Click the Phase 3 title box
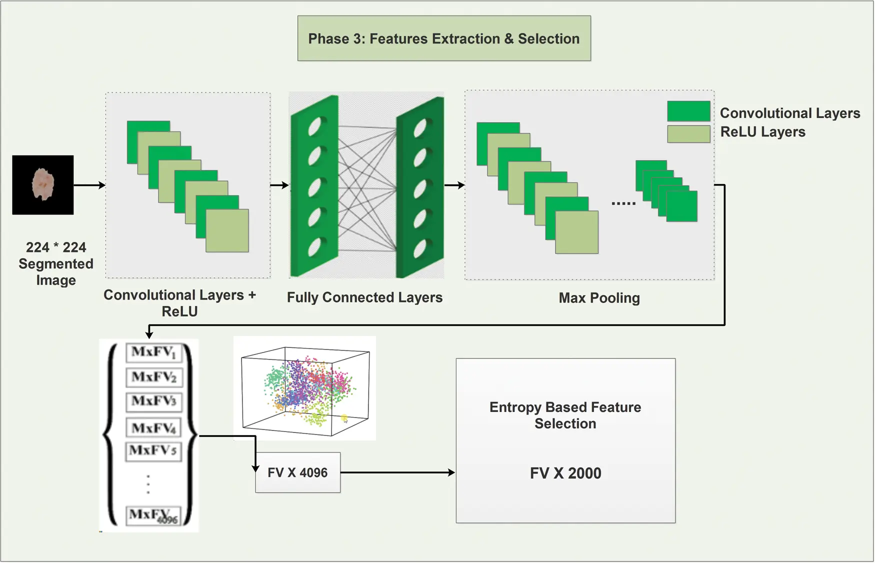[444, 38]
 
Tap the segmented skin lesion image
[43, 185]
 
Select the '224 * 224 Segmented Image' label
[56, 263]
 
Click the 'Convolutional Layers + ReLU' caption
[179, 303]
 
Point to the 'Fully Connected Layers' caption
[364, 297]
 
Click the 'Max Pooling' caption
[599, 298]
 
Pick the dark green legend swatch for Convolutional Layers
[688, 111]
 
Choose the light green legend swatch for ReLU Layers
[688, 134]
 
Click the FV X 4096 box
[298, 472]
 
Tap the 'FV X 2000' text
[565, 473]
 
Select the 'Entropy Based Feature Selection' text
[565, 415]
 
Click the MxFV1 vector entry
[154, 352]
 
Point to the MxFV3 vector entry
[154, 401]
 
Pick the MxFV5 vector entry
[153, 451]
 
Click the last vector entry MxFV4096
[153, 515]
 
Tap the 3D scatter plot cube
[305, 388]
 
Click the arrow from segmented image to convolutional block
[89, 185]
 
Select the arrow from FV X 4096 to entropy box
[398, 472]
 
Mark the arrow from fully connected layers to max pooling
[454, 185]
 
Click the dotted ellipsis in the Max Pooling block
[623, 203]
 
